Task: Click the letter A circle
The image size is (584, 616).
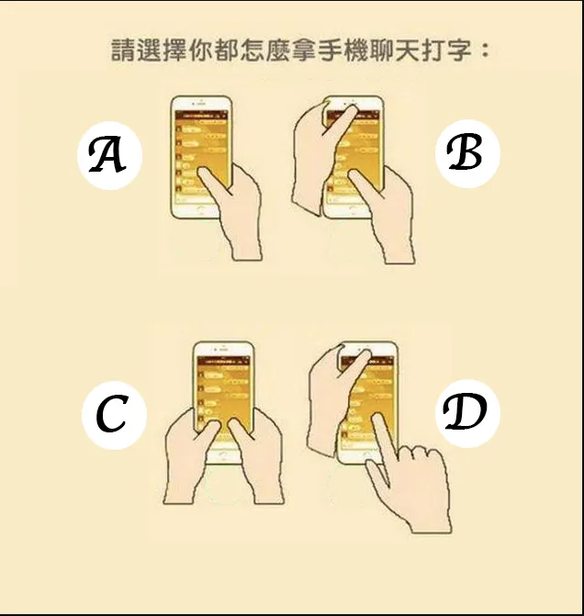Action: pos(109,155)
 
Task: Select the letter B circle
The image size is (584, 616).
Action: pos(466,152)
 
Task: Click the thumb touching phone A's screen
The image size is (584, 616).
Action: pos(214,188)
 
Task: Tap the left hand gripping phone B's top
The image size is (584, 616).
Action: pos(312,147)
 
